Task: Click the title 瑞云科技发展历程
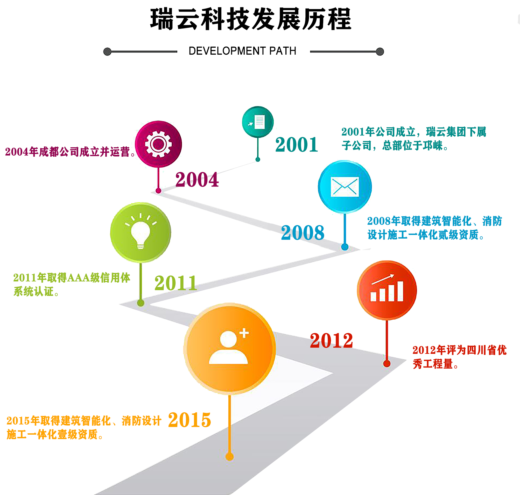250,19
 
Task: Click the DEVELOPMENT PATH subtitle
242,51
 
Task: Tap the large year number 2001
297,145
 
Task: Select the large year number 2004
197,180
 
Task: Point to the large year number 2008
303,233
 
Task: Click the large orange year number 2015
189,420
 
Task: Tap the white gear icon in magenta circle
158,144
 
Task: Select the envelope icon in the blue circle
345,187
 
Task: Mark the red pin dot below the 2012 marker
387,364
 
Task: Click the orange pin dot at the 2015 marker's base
229,457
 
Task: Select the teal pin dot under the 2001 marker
258,159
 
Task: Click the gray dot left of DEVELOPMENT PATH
107,52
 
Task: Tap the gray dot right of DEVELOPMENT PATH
380,52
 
